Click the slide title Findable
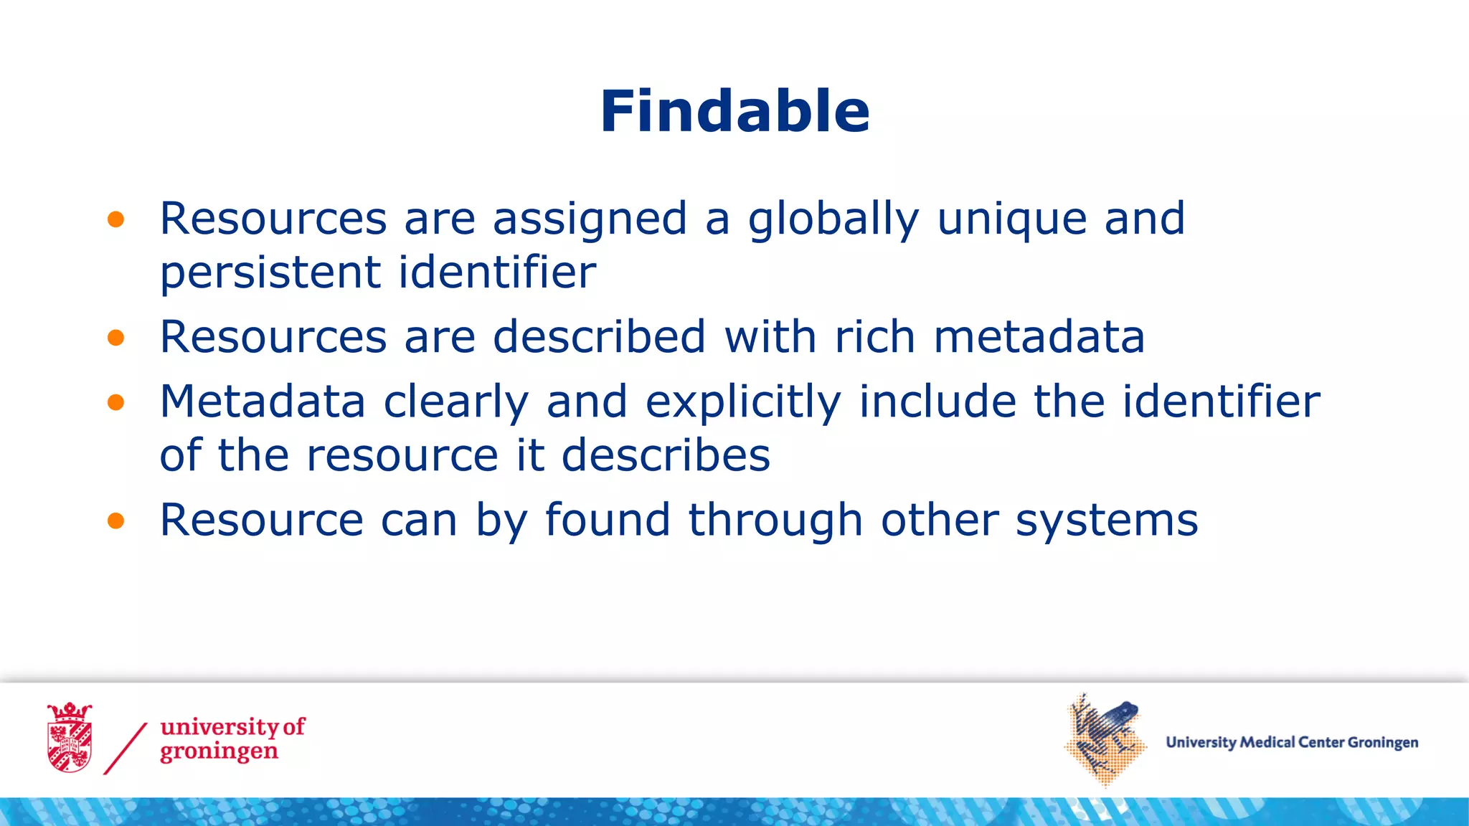click(x=734, y=111)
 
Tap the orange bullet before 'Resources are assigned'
click(x=115, y=219)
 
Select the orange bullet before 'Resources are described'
click(x=115, y=338)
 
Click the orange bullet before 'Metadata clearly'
click(x=115, y=402)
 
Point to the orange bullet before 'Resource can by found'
click(x=115, y=521)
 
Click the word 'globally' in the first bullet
click(x=833, y=219)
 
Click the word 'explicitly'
click(x=743, y=402)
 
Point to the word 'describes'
click(x=666, y=455)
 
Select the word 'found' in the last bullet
click(x=608, y=520)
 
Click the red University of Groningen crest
click(x=70, y=738)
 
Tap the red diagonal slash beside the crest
click(x=126, y=749)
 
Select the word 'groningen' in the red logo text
click(x=219, y=752)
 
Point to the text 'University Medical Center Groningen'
click(x=1292, y=742)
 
